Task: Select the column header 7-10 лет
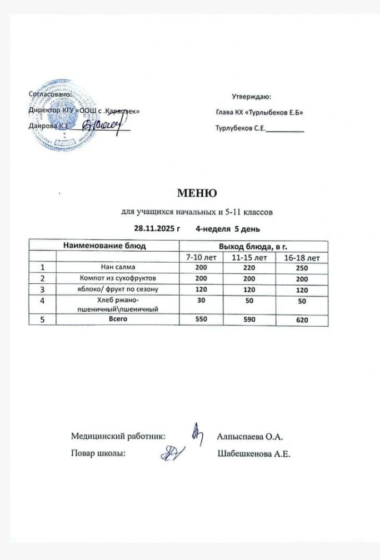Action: point(202,258)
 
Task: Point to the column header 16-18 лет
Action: point(301,258)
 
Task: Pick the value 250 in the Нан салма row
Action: point(301,268)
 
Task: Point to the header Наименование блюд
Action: point(104,245)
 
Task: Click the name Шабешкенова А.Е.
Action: point(255,454)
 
